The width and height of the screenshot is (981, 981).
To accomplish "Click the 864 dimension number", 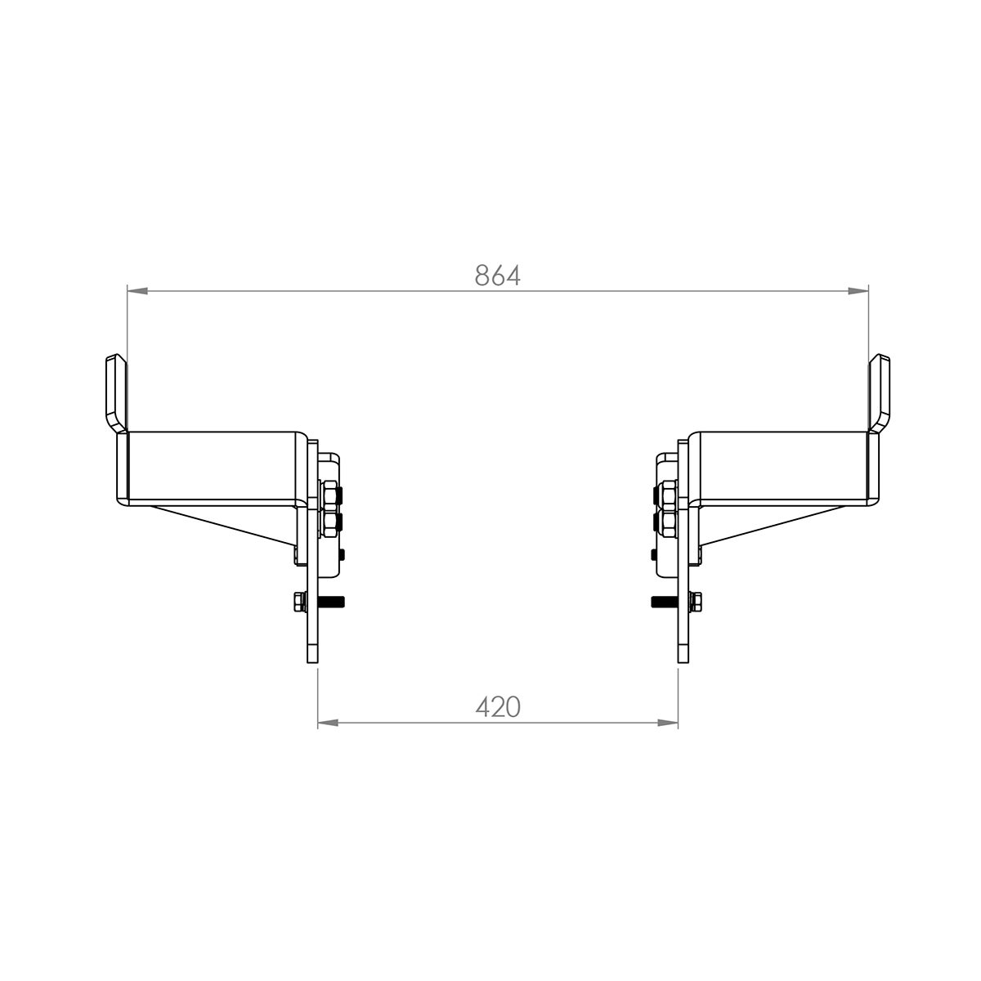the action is pyautogui.click(x=497, y=275).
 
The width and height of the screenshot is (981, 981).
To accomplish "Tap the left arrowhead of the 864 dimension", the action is pyautogui.click(x=137, y=291).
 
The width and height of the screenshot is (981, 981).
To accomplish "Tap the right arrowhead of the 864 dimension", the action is pyautogui.click(x=858, y=291).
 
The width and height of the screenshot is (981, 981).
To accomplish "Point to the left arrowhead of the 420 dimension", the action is pyautogui.click(x=328, y=723).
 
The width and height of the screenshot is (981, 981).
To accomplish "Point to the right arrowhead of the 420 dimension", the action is pyautogui.click(x=667, y=723).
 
